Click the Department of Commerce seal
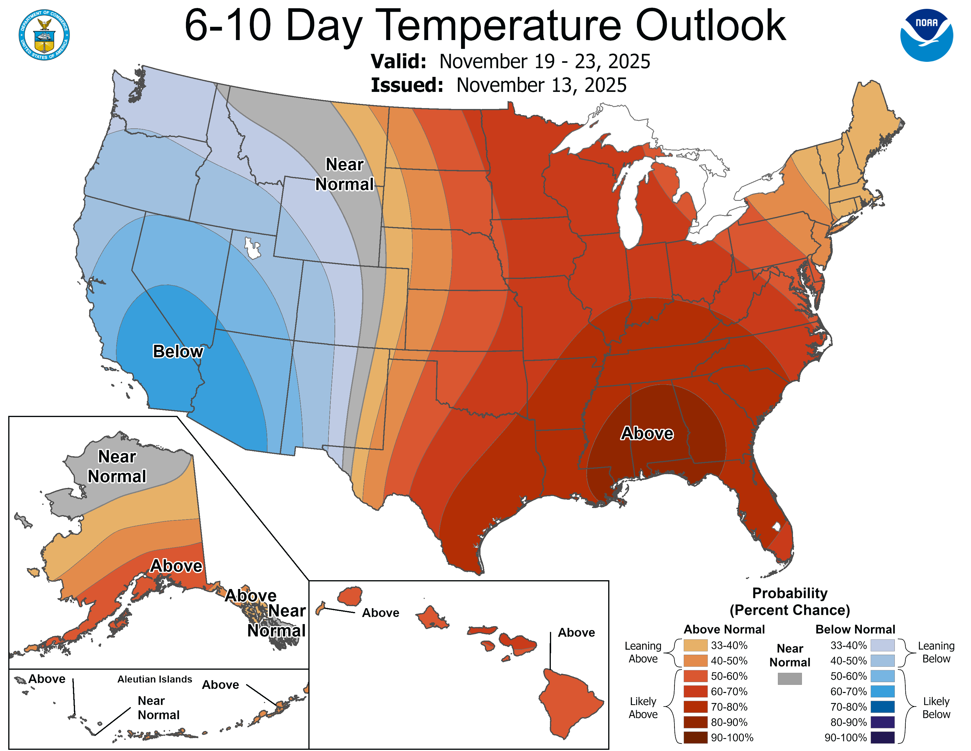tap(44, 35)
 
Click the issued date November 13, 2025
tap(541, 85)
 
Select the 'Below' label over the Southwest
tap(178, 351)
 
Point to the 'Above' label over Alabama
tap(647, 433)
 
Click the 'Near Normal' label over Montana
tap(345, 174)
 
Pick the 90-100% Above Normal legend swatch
tap(695, 738)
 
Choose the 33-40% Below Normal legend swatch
tap(882, 645)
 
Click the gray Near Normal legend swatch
tap(790, 679)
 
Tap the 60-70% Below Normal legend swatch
tap(882, 692)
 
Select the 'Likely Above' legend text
tap(643, 707)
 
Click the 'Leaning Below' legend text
tap(936, 652)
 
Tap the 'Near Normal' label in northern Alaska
tap(117, 466)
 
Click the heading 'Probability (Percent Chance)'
tap(790, 601)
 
